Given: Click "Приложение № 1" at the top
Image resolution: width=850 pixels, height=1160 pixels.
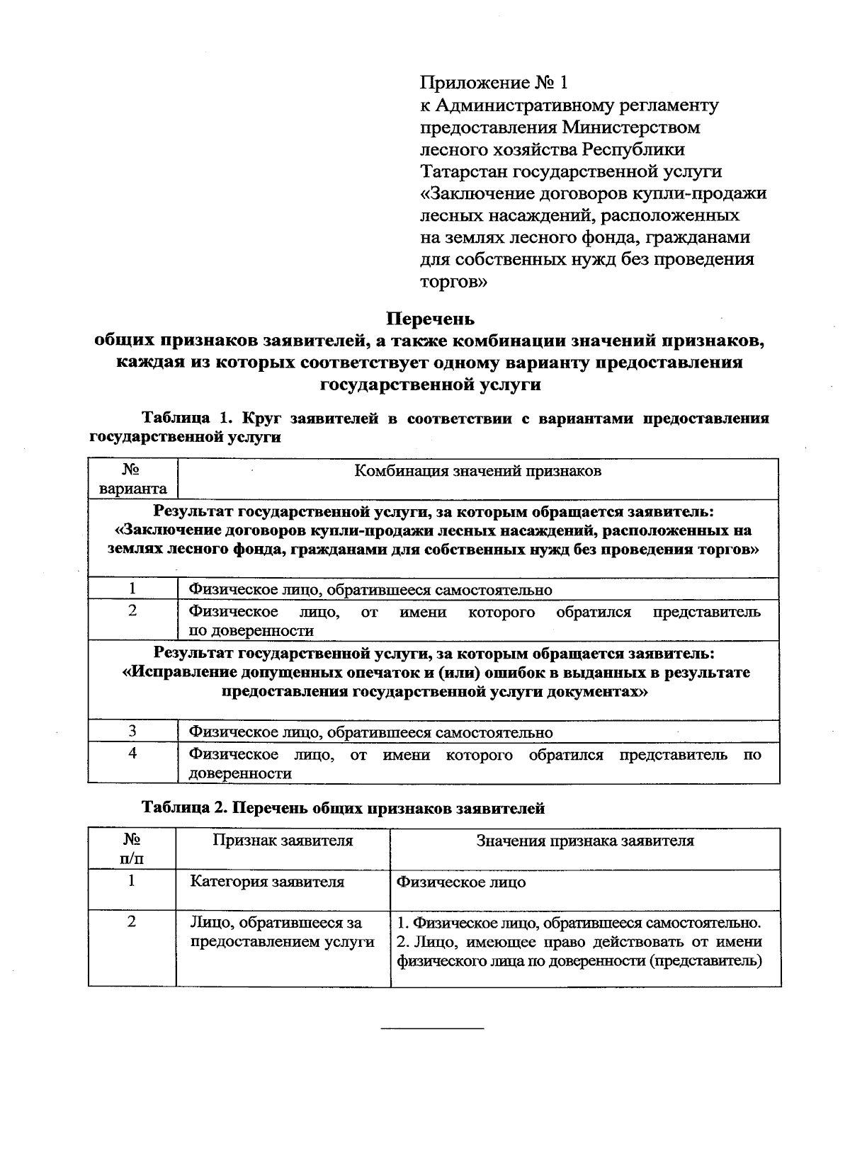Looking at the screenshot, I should (x=494, y=84).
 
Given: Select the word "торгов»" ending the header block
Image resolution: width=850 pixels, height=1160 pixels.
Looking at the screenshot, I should (x=454, y=282).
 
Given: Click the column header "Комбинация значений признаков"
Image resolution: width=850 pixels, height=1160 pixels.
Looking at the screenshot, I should (x=477, y=471).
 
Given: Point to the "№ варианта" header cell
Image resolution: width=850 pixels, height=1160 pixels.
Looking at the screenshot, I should (x=132, y=479).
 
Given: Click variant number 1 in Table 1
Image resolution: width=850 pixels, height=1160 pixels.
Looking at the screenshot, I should (x=132, y=588).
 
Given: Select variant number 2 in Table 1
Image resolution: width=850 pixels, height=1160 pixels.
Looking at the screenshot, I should (x=132, y=611).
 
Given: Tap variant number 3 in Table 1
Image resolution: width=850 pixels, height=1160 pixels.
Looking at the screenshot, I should (x=132, y=731).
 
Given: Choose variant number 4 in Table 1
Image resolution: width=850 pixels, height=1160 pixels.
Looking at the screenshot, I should (x=132, y=754).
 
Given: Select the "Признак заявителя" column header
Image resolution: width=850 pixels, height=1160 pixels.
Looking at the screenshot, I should (x=283, y=841).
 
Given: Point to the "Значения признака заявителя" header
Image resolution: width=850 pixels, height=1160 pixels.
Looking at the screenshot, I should (x=584, y=841).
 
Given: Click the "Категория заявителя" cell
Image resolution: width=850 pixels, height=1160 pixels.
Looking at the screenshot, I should (x=267, y=882).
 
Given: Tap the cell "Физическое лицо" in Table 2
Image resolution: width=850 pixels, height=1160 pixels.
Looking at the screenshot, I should (x=461, y=882).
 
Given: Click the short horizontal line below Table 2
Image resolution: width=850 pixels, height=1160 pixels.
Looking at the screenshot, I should (x=432, y=1026).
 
